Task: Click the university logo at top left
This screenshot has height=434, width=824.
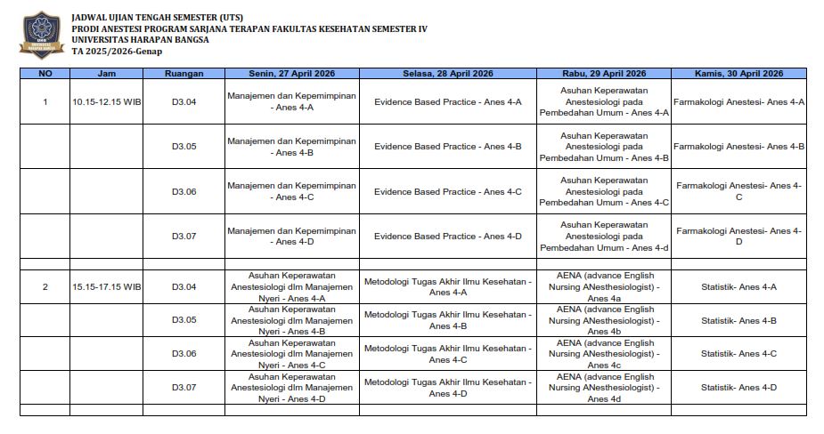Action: click(x=38, y=35)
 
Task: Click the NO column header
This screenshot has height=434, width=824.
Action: click(x=45, y=74)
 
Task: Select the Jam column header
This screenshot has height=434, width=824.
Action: click(x=106, y=74)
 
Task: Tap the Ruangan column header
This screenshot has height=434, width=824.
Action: click(x=184, y=74)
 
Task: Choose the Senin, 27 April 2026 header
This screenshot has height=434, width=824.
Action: click(x=291, y=74)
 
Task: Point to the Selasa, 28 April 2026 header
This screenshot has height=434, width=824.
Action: click(x=447, y=74)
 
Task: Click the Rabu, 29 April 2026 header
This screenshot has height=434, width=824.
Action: click(x=605, y=74)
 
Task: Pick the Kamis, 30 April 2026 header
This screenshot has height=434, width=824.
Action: click(x=738, y=74)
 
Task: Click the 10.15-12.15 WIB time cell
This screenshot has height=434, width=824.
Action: click(x=107, y=102)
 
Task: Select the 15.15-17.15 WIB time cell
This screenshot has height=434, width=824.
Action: click(x=107, y=287)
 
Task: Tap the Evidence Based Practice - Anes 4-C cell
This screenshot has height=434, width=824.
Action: click(x=447, y=191)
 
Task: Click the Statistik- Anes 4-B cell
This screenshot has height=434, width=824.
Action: click(x=738, y=320)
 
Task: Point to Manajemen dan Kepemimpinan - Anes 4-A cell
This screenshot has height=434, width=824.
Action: click(x=291, y=101)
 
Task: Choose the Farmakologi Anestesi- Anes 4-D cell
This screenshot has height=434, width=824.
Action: click(x=738, y=236)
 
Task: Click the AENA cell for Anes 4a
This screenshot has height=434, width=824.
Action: click(x=605, y=286)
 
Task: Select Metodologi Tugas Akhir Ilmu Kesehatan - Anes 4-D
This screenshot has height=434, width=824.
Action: click(x=447, y=387)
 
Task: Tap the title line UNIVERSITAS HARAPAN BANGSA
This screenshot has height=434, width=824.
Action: click(x=140, y=40)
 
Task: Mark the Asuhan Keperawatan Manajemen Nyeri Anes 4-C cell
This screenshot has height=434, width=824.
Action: click(x=291, y=353)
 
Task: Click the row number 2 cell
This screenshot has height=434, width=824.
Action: click(x=45, y=287)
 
